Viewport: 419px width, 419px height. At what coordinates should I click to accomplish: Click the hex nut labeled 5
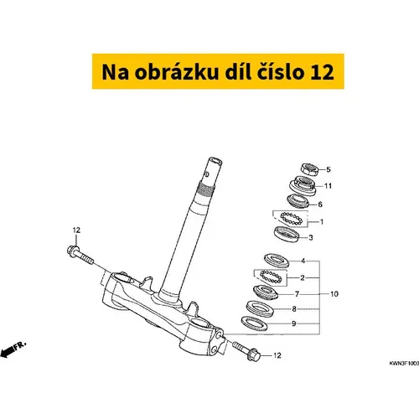310,169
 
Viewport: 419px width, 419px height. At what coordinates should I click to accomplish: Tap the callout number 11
328,186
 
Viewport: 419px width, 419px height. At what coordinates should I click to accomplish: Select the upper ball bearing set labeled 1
292,218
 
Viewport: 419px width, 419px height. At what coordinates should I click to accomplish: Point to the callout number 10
334,294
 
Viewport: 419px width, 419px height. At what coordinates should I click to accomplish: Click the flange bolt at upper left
80,255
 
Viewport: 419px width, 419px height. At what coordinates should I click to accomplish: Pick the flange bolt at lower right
246,351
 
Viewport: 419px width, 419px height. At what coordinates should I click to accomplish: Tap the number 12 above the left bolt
76,230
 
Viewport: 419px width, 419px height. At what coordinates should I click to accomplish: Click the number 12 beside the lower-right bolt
277,355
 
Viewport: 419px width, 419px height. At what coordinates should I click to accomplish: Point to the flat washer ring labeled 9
254,323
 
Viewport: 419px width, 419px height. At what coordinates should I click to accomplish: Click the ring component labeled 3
287,233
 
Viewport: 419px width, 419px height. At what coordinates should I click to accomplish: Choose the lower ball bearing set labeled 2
270,277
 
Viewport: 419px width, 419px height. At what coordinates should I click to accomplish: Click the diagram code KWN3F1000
404,364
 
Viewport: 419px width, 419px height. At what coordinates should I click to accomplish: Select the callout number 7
297,294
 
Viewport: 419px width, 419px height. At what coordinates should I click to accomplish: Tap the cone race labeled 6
298,200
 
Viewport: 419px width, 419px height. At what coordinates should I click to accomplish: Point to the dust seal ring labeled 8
260,308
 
